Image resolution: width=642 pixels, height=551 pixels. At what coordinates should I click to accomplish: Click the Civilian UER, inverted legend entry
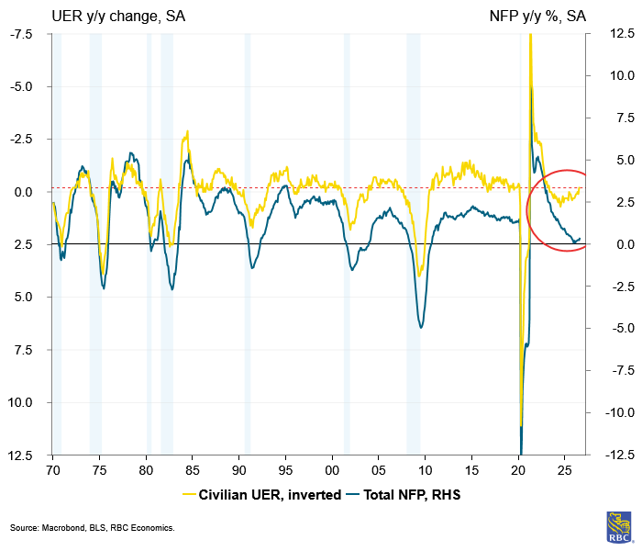(262, 495)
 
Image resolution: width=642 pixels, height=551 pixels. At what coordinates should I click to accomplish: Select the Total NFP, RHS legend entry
(404, 495)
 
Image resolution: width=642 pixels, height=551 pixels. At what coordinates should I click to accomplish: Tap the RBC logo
(619, 528)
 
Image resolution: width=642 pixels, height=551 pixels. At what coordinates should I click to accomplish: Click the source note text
(93, 528)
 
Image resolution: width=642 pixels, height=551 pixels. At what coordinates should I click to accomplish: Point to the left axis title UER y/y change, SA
(118, 17)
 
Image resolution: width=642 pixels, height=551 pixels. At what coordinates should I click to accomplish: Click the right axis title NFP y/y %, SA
(537, 17)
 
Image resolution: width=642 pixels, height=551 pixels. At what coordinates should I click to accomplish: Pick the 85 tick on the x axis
(193, 470)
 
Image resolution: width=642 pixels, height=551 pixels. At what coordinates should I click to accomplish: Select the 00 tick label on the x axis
(332, 470)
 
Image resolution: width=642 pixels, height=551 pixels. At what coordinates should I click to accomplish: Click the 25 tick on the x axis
(565, 470)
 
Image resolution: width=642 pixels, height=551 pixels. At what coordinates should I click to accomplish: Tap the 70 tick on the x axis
(53, 470)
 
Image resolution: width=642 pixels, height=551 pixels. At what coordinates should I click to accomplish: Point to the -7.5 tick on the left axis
(21, 34)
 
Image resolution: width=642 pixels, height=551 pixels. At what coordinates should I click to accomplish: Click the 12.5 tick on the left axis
(20, 455)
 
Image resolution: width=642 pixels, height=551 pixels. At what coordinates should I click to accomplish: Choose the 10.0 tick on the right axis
(623, 75)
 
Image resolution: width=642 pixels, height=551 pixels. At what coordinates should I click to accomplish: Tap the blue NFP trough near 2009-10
(421, 328)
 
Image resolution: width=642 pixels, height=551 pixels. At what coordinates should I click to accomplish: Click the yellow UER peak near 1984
(187, 131)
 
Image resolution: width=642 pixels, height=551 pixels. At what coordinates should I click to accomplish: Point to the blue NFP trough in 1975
(104, 288)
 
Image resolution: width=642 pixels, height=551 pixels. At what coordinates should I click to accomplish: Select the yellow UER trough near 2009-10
(419, 275)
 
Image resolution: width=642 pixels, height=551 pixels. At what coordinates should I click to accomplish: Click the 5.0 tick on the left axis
(24, 297)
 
